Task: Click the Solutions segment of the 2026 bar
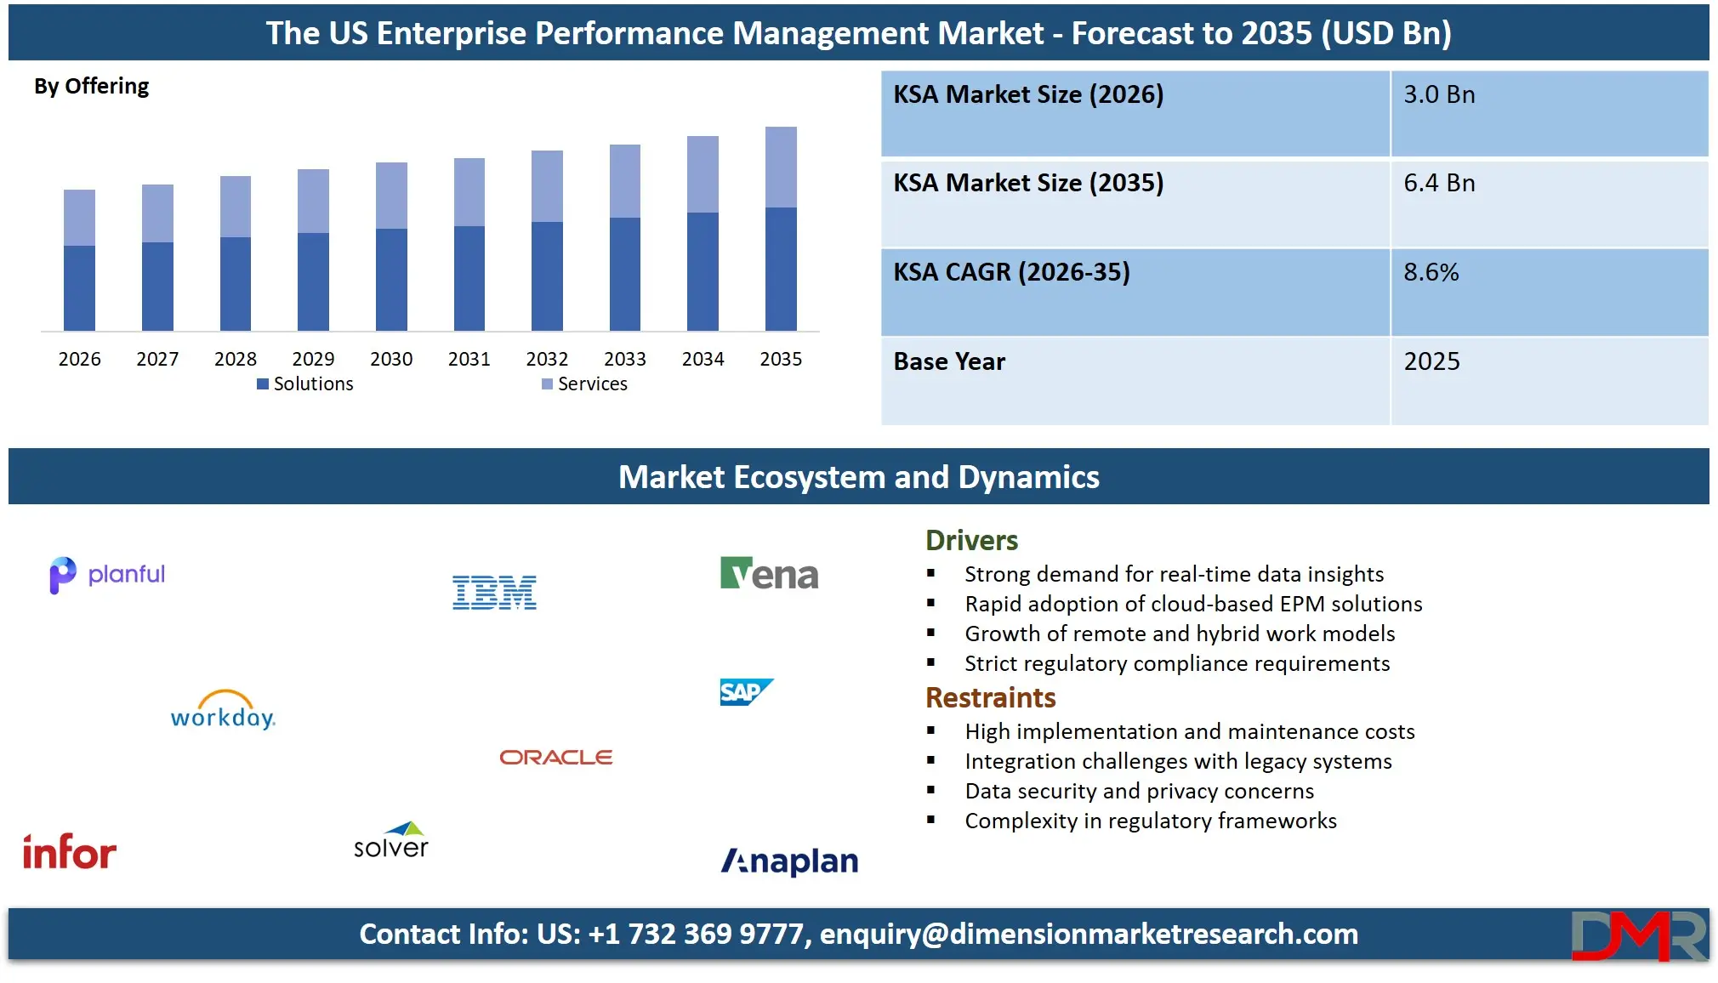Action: [x=79, y=287]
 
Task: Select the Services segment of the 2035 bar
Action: [x=781, y=167]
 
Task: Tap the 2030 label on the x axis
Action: [x=391, y=359]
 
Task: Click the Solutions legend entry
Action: [x=305, y=384]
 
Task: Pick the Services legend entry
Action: [x=585, y=384]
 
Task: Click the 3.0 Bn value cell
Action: [x=1439, y=94]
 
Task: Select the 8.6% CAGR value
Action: [x=1431, y=272]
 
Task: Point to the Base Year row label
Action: [x=949, y=361]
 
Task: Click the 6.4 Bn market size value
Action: [x=1439, y=183]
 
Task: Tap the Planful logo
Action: [x=107, y=575]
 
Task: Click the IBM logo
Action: [x=494, y=593]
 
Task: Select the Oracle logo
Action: [x=555, y=757]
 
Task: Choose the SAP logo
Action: [x=746, y=692]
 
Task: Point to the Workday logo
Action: [x=223, y=712]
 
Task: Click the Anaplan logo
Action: [x=789, y=861]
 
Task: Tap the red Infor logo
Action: [x=69, y=852]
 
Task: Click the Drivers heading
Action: [x=971, y=541]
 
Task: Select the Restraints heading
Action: [x=990, y=698]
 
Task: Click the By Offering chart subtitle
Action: [x=91, y=87]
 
